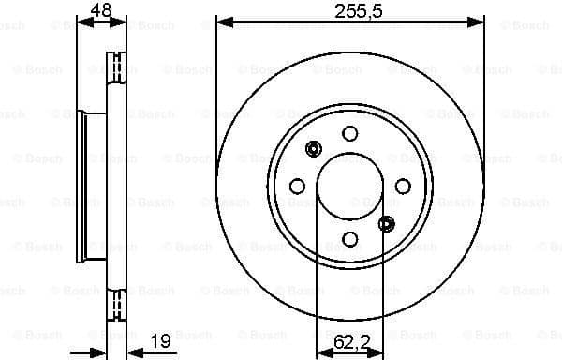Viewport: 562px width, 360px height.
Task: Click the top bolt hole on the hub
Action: click(349, 132)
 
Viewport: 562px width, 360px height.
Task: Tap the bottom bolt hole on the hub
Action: click(349, 238)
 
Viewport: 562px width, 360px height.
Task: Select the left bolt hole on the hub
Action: click(297, 185)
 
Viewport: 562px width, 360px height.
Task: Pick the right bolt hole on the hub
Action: click(403, 185)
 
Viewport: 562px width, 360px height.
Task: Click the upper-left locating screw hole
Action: click(313, 147)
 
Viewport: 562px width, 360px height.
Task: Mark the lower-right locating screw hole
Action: click(387, 223)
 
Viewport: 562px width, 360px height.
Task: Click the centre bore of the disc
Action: click(349, 185)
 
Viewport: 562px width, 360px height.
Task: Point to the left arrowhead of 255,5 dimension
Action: click(222, 21)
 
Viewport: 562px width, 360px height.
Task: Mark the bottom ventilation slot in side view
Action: click(118, 304)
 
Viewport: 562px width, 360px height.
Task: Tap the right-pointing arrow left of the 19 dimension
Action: click(99, 352)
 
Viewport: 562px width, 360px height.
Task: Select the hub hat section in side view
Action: click(94, 185)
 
